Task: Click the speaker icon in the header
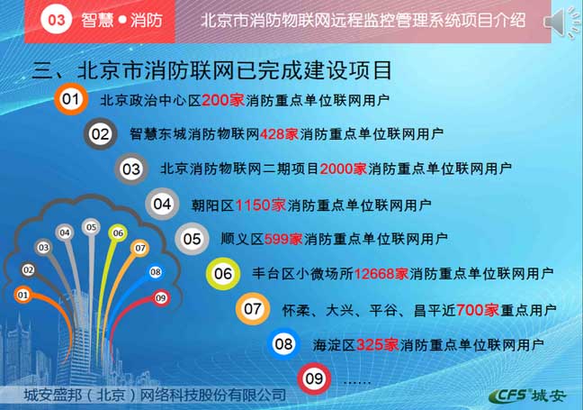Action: coord(561,22)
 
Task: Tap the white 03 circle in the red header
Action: coord(56,19)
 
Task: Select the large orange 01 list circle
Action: coord(71,99)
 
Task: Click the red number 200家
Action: coord(223,100)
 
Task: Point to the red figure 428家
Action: coord(279,133)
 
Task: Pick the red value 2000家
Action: coord(343,169)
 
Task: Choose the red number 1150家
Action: coord(261,205)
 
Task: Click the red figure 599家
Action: coord(283,239)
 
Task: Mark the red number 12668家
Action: coord(381,274)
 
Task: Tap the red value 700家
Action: coord(478,310)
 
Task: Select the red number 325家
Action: coord(378,345)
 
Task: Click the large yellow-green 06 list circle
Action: coord(223,274)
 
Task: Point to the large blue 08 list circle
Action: coord(283,343)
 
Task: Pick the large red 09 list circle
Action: coord(314,378)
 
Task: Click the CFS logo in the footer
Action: coord(528,396)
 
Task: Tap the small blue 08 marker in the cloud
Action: coord(156,272)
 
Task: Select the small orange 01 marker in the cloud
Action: coord(22,295)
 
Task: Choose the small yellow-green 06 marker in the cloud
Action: coord(118,233)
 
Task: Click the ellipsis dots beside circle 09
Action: coord(357,382)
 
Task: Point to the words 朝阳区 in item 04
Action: coord(212,205)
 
